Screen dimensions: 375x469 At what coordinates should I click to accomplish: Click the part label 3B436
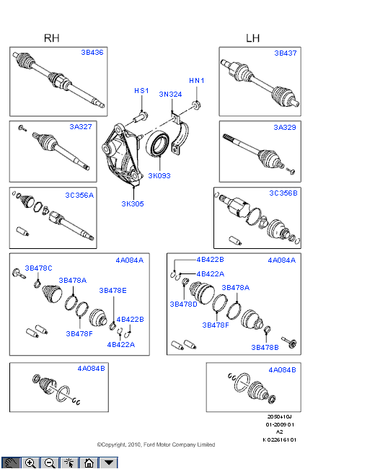click(x=92, y=53)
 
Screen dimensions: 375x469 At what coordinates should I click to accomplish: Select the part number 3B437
click(x=286, y=53)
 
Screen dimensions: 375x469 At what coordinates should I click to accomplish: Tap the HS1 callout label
click(x=141, y=91)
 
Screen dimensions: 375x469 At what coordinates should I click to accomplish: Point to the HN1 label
click(x=196, y=81)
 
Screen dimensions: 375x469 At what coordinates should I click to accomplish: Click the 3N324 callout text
click(x=170, y=95)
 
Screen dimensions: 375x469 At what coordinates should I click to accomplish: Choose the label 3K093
click(x=159, y=175)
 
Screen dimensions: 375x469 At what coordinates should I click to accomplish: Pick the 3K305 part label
click(x=133, y=203)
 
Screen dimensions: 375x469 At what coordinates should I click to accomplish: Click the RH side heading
click(x=51, y=38)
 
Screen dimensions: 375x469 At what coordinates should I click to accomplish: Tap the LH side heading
click(x=252, y=38)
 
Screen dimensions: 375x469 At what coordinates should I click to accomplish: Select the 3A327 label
click(x=81, y=127)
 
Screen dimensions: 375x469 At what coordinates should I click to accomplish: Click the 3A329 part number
click(x=285, y=128)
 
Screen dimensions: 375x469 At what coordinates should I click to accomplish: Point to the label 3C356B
click(x=283, y=193)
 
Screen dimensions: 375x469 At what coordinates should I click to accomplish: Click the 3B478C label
click(x=38, y=268)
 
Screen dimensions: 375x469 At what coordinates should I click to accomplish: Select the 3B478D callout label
click(x=183, y=304)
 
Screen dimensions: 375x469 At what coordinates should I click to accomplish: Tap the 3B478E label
click(x=112, y=291)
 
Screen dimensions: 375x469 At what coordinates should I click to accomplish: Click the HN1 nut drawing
click(x=196, y=105)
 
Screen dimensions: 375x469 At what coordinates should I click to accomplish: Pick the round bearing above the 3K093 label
click(x=158, y=144)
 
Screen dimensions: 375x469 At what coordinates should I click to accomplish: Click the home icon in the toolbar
click(x=89, y=463)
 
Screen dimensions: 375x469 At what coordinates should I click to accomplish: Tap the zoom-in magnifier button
click(x=30, y=463)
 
